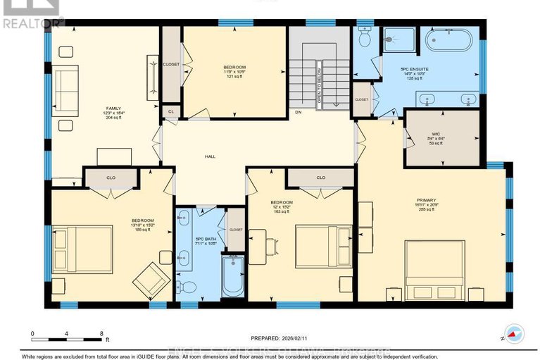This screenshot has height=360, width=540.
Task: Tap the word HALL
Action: pyautogui.click(x=210, y=156)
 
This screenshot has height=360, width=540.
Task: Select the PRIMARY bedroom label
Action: pyautogui.click(x=427, y=200)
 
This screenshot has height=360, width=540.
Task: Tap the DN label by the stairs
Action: pyautogui.click(x=298, y=112)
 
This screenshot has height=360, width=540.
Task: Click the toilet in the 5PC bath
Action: pyautogui.click(x=185, y=287)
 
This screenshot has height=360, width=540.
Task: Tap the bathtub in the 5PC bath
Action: pyautogui.click(x=233, y=277)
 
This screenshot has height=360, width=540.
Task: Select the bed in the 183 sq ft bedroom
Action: pyautogui.click(x=323, y=247)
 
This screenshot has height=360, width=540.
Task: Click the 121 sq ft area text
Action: pyautogui.click(x=234, y=76)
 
